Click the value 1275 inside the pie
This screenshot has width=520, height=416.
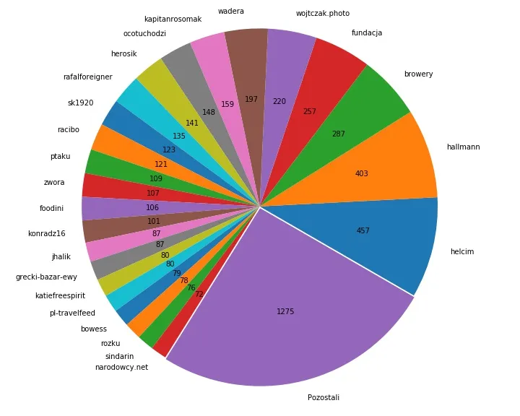(x=285, y=312)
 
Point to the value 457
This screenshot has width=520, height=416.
(x=363, y=231)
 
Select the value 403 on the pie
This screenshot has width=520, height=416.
(x=362, y=173)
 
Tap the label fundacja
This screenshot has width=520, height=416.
(x=367, y=33)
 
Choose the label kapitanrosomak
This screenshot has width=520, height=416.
(x=173, y=19)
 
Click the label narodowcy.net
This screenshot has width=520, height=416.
(x=121, y=367)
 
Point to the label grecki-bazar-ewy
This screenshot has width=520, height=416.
(x=46, y=277)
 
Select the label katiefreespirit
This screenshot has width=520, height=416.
(x=60, y=295)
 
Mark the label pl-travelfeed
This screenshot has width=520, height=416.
(x=72, y=313)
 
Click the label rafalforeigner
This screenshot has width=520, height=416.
(x=87, y=78)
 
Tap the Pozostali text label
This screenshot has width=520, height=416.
(x=324, y=397)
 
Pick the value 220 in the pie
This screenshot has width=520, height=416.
(x=279, y=102)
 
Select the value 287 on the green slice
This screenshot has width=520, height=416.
(x=339, y=134)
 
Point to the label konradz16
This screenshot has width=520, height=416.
(x=47, y=233)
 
